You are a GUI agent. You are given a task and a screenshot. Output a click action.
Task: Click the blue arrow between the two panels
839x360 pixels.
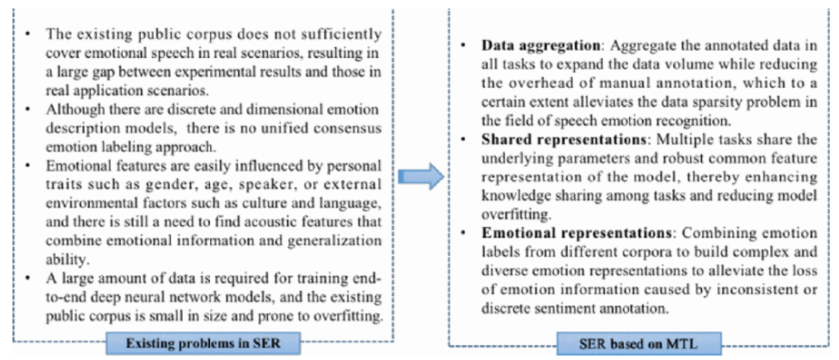tap(421, 177)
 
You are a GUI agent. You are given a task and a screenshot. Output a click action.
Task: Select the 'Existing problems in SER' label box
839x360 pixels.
tap(203, 343)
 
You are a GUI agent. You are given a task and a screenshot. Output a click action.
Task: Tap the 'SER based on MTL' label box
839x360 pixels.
tap(638, 344)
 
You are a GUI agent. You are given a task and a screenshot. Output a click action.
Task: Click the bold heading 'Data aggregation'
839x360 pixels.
tap(541, 45)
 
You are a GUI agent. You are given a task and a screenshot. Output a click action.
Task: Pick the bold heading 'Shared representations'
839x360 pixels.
tap(564, 139)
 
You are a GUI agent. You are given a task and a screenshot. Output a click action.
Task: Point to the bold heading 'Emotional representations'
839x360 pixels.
tap(577, 233)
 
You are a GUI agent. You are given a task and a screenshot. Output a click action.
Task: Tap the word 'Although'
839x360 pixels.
tap(75, 110)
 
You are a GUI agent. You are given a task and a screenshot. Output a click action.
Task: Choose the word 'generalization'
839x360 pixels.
tap(335, 241)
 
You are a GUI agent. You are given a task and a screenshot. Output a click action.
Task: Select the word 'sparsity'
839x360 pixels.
tap(717, 102)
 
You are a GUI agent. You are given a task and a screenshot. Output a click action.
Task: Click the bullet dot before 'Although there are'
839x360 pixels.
tap(28, 109)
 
